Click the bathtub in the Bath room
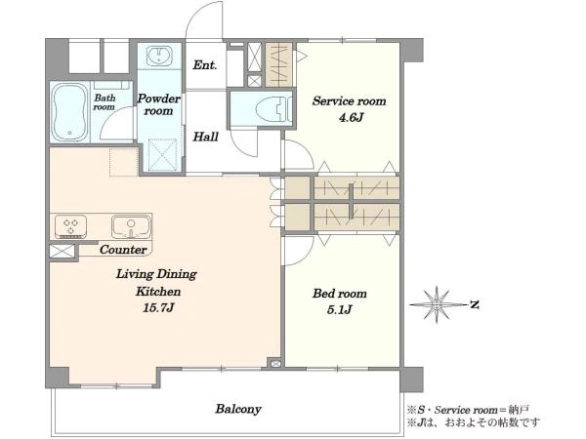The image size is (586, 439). pyautogui.click(x=69, y=112)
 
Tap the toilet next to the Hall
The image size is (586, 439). pyautogui.click(x=273, y=109)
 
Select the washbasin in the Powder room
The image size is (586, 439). pyautogui.click(x=159, y=57)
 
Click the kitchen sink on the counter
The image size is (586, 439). pyautogui.click(x=131, y=226)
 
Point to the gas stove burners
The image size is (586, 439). pyautogui.click(x=70, y=226)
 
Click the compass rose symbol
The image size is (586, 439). pyautogui.click(x=437, y=305)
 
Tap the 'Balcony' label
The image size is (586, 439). pyautogui.click(x=238, y=409)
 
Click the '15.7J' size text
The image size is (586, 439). pyautogui.click(x=158, y=308)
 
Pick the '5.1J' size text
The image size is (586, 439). pyautogui.click(x=339, y=310)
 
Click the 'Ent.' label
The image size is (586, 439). pyautogui.click(x=205, y=65)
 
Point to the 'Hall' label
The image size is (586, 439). pyautogui.click(x=205, y=137)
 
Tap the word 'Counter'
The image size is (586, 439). pyautogui.click(x=123, y=250)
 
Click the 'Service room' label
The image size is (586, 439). pyautogui.click(x=349, y=101)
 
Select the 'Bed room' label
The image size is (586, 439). pyautogui.click(x=339, y=294)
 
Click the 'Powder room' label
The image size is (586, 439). pyautogui.click(x=158, y=105)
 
